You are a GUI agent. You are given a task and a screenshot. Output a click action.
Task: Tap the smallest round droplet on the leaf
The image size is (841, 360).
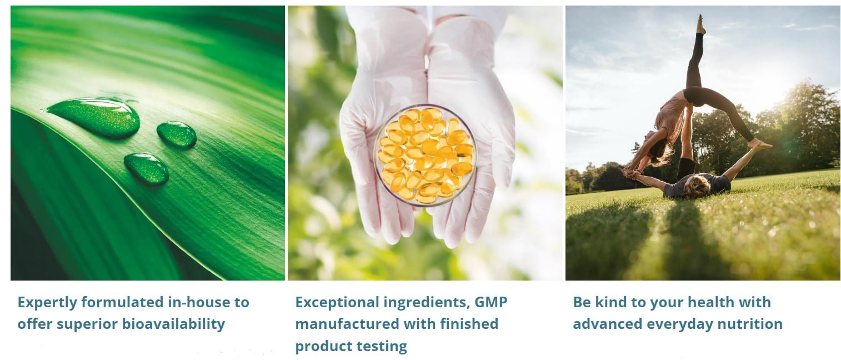coord(177,134)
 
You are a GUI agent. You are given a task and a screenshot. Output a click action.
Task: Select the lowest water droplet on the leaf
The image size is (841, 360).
coord(147,168)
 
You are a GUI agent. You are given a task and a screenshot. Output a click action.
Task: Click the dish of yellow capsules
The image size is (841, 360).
coord(425,154)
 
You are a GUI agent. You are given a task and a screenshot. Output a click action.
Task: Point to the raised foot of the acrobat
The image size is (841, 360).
coord(700,24)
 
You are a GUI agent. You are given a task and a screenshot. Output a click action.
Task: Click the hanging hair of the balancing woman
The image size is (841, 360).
coord(663,154)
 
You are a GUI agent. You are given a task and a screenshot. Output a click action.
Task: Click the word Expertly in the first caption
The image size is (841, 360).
coord(47,303)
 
